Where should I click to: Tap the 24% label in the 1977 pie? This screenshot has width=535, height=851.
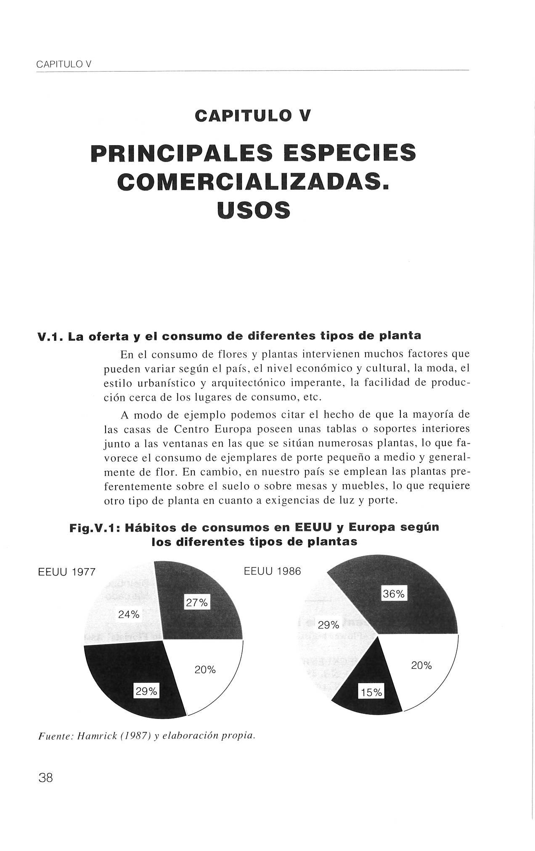point(129,614)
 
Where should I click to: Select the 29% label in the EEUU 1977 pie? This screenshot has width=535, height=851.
point(146,691)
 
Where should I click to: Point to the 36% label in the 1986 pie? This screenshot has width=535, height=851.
point(394,594)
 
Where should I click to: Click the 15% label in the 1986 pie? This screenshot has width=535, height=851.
point(371,692)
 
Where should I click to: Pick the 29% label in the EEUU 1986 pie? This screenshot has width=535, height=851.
point(328,625)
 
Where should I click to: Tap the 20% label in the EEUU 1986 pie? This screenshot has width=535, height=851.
point(421,665)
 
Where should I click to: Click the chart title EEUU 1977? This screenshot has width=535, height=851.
point(67,573)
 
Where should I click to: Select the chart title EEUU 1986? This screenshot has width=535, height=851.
point(273,571)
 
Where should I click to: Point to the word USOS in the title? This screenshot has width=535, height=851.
point(254,210)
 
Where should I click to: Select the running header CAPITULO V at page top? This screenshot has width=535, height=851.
point(64,65)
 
